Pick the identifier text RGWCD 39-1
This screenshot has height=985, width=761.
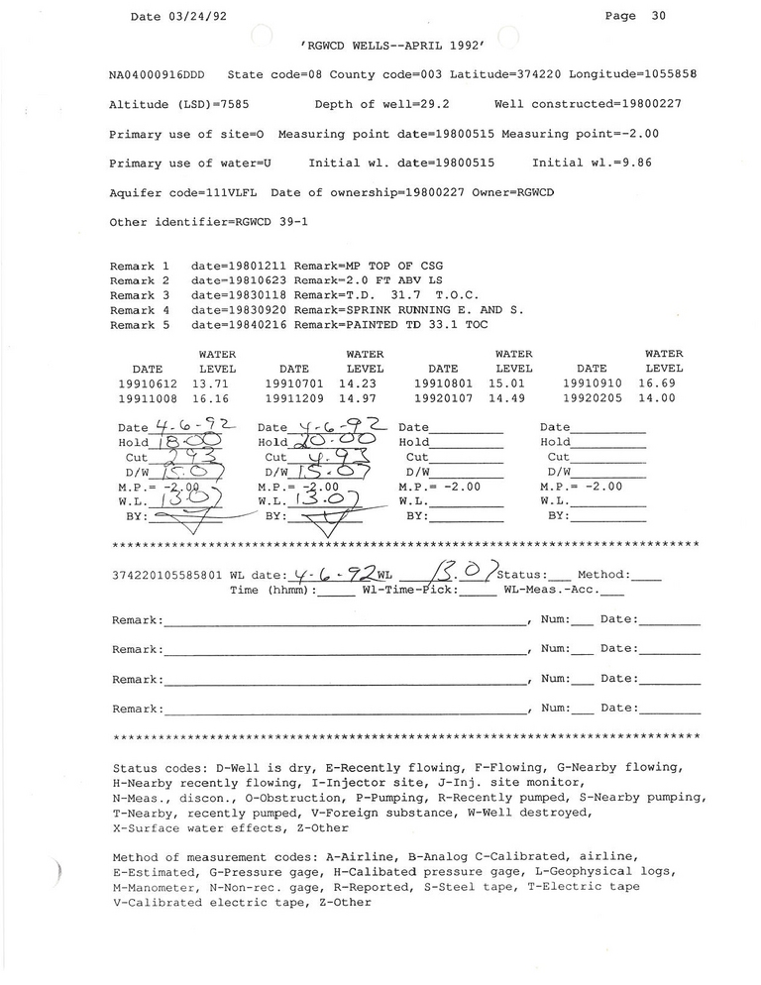pyautogui.click(x=273, y=222)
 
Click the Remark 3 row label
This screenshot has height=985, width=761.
pyautogui.click(x=140, y=295)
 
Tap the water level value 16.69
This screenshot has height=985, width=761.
pyautogui.click(x=657, y=383)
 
